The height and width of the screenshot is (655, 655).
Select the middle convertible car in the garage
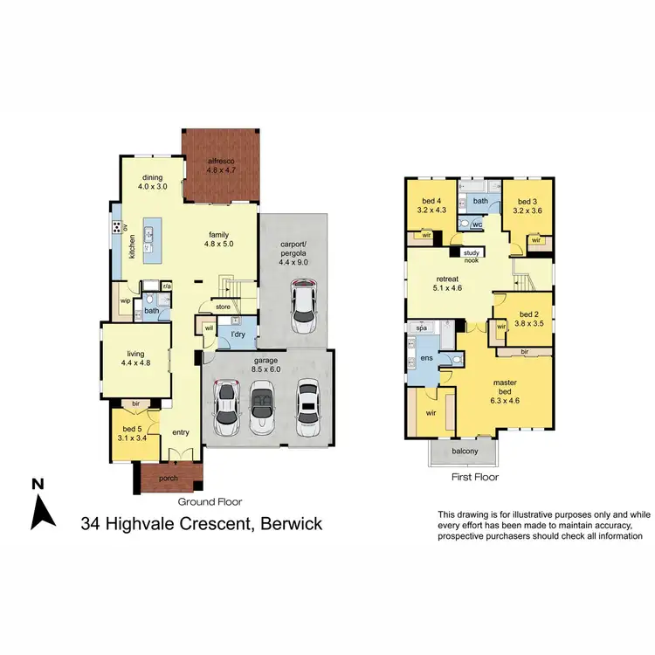click(262, 407)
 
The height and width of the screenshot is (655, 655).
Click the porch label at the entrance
click(168, 478)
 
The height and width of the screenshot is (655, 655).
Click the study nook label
click(471, 256)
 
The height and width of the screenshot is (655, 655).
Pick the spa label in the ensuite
click(420, 328)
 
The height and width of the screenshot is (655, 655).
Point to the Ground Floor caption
click(210, 502)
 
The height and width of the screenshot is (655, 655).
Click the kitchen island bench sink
click(149, 234)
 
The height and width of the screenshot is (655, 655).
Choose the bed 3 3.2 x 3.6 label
click(529, 205)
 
